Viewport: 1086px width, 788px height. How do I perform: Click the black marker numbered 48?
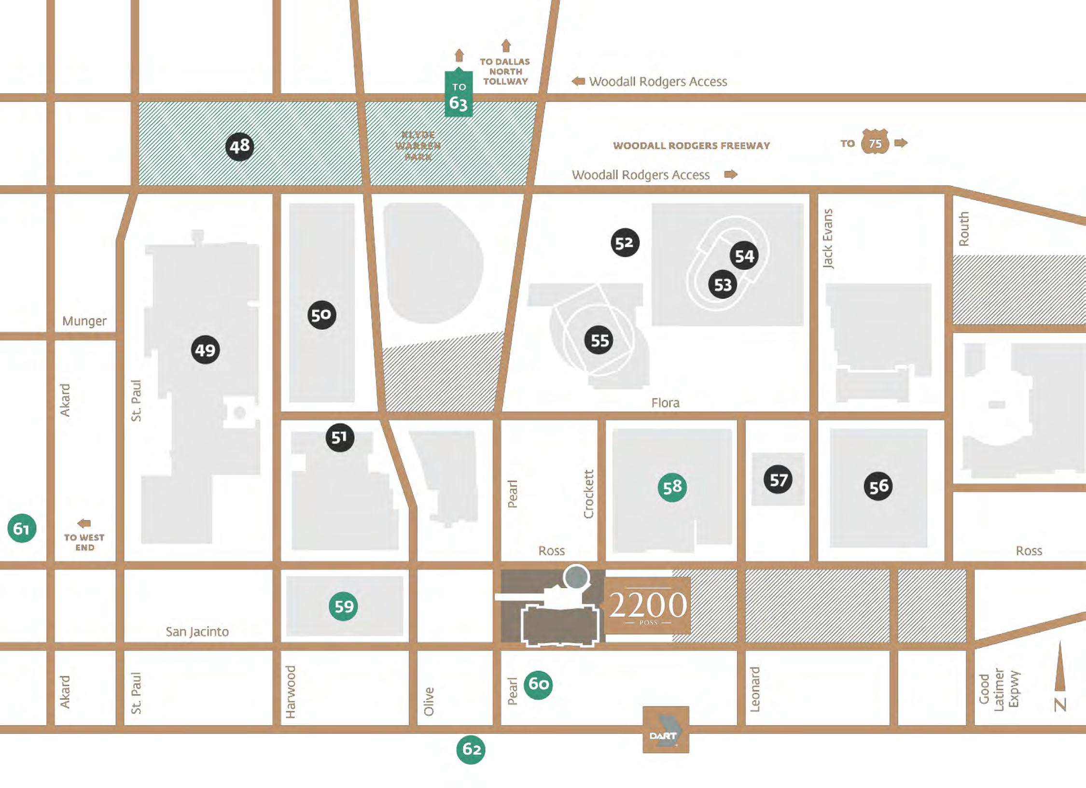[x=239, y=146]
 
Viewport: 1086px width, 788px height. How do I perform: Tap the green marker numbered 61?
[x=22, y=528]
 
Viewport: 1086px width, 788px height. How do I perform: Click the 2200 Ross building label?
[x=648, y=605]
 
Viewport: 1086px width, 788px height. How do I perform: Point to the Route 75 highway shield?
[x=875, y=143]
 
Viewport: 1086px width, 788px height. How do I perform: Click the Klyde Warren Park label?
[x=418, y=146]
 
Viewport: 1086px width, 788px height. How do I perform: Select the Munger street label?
[x=84, y=321]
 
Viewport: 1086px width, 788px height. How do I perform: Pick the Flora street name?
[x=665, y=403]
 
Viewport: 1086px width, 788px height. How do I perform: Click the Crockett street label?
[x=588, y=494]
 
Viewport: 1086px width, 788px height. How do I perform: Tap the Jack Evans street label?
[x=828, y=239]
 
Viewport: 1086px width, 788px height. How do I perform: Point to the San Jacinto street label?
[x=197, y=632]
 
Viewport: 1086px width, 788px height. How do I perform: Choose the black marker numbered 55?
[x=599, y=340]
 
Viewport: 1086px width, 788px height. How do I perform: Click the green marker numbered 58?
[x=672, y=487]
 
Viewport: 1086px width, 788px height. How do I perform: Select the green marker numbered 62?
[x=471, y=749]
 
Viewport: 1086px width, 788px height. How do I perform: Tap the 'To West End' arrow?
[x=84, y=523]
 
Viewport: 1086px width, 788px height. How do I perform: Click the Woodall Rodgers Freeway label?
[x=691, y=146]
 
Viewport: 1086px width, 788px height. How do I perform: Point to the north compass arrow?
[x=1060, y=666]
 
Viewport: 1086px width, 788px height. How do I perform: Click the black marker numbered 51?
[x=340, y=437]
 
